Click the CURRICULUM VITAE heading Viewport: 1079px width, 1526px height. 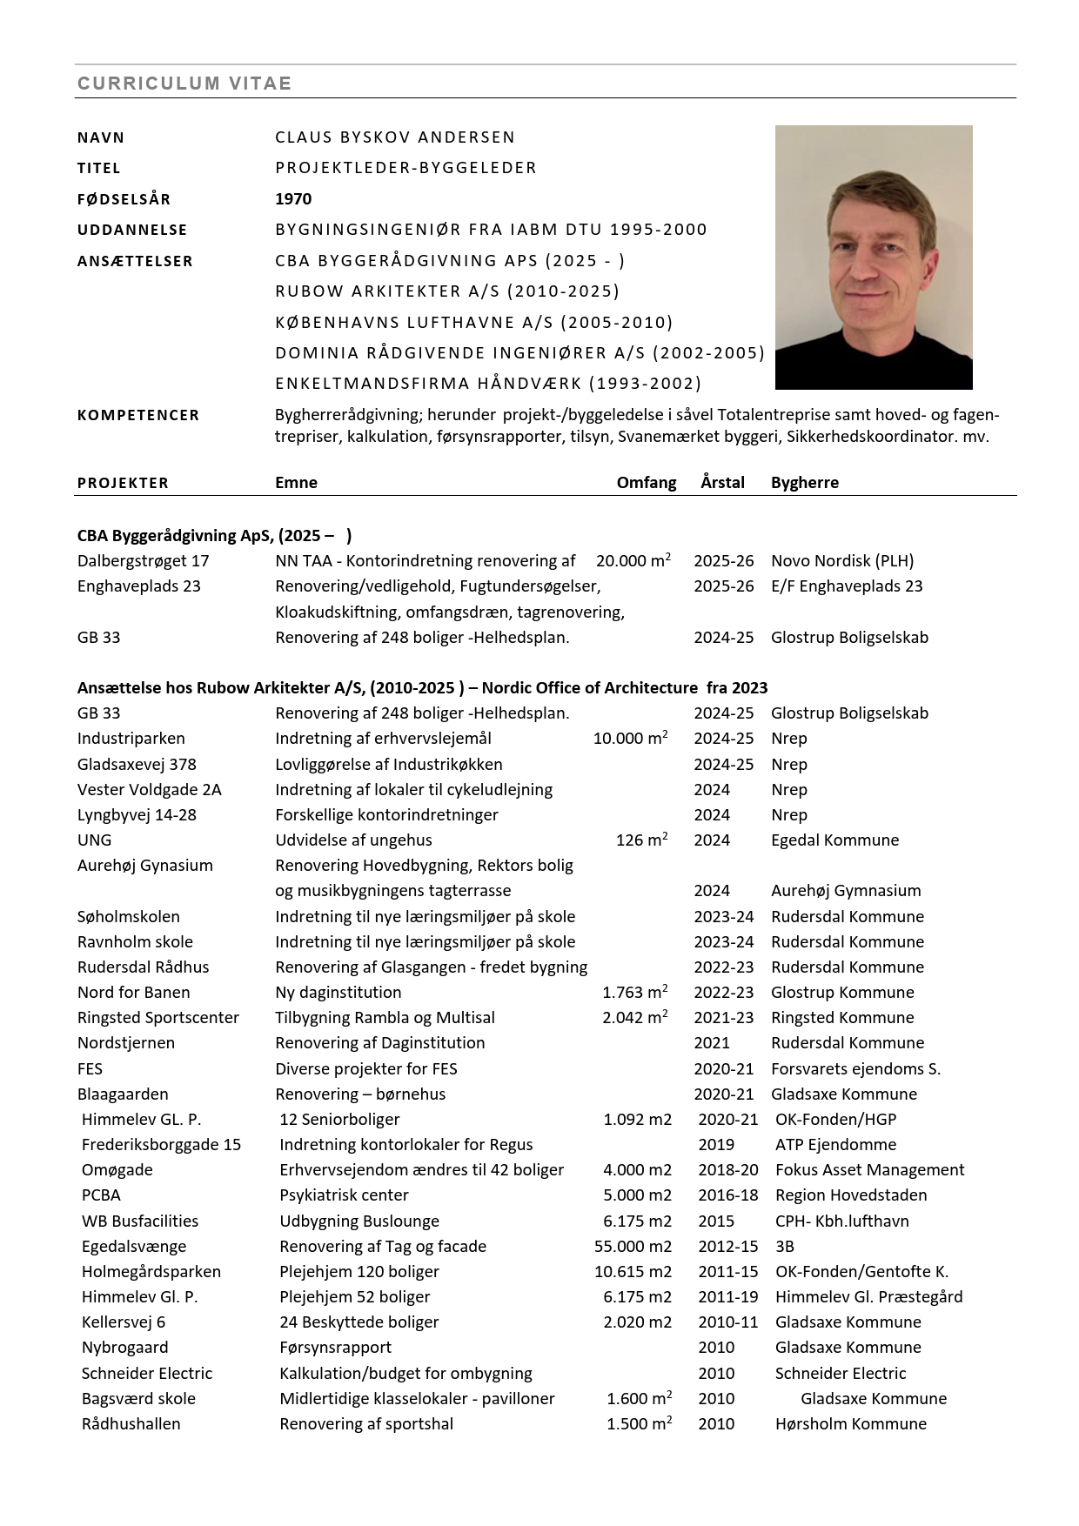click(184, 84)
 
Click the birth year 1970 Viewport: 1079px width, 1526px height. click(293, 198)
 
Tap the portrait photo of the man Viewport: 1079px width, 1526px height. click(874, 257)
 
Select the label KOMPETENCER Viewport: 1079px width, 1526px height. click(138, 415)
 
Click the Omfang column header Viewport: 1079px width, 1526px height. click(646, 483)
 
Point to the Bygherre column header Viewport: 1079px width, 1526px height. click(804, 483)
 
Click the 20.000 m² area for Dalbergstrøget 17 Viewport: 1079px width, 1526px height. click(633, 561)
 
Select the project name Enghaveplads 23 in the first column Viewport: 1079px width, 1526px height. click(139, 586)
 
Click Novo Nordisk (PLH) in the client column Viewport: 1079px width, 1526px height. click(841, 561)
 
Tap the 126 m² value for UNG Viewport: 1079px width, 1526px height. click(641, 840)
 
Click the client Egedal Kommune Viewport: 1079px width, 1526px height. click(834, 840)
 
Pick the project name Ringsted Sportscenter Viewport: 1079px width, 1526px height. click(158, 1018)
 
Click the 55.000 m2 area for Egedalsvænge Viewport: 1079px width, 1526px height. click(633, 1247)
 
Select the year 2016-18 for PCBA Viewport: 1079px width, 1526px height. click(727, 1195)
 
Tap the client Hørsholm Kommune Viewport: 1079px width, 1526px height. click(850, 1424)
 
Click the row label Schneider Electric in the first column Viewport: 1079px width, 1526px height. click(146, 1374)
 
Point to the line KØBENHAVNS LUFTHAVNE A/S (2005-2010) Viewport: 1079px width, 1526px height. click(474, 323)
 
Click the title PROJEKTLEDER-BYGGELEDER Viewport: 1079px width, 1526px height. click(405, 168)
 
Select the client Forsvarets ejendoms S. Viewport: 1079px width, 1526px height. click(855, 1069)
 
